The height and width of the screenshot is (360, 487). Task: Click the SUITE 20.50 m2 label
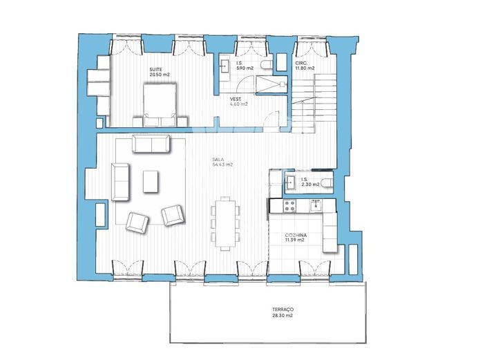pyautogui.click(x=159, y=73)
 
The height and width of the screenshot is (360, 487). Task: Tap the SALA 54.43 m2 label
pyautogui.click(x=222, y=163)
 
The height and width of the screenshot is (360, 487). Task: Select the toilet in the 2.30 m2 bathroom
pyautogui.click(x=327, y=182)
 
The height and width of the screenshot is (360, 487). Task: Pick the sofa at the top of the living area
pyautogui.click(x=151, y=144)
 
